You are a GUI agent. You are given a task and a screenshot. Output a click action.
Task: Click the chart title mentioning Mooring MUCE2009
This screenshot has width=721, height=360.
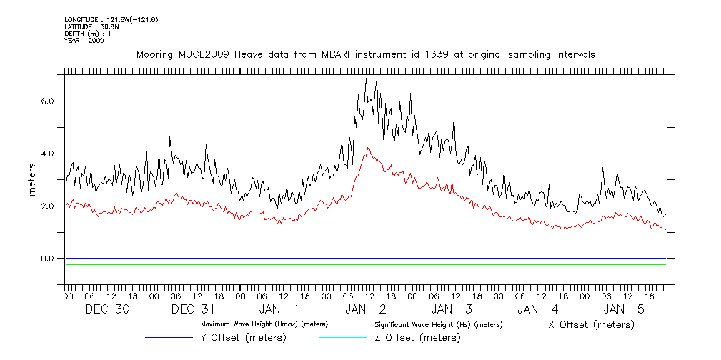pos(365,54)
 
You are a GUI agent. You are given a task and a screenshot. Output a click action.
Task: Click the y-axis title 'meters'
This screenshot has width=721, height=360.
pos(32,180)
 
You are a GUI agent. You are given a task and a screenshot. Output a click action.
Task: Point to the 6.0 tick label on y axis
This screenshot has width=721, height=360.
pos(47,101)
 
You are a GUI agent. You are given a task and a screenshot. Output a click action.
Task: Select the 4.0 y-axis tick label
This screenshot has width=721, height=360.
pos(47,154)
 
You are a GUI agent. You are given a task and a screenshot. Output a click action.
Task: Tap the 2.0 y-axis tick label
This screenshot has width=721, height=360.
pos(47,206)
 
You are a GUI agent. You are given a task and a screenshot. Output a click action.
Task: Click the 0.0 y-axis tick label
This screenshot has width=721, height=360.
pos(47,259)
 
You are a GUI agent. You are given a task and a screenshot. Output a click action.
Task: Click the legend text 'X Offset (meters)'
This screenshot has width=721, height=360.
pos(590,324)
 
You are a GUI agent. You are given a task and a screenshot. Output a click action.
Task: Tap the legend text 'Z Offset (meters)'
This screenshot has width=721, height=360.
pos(418,338)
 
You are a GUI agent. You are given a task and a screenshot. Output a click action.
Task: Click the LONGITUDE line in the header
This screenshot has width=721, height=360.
pos(111,19)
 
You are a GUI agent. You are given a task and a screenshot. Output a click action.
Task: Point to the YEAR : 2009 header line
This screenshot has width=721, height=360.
pos(84,41)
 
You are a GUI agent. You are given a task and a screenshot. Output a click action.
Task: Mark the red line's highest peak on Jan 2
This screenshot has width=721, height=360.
pos(368,148)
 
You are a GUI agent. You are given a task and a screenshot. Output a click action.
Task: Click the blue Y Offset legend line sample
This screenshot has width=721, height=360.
pos(169,337)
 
